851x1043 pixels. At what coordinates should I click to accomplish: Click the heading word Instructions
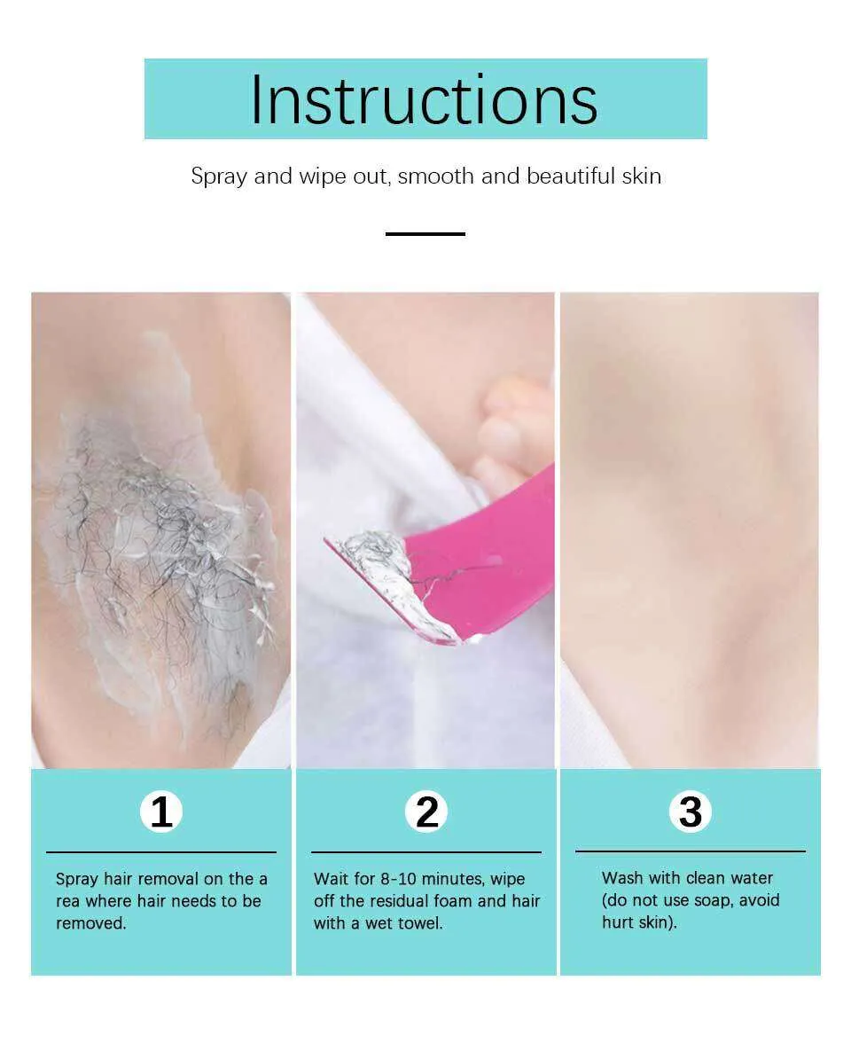424,99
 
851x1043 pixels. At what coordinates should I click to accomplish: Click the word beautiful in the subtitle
571,176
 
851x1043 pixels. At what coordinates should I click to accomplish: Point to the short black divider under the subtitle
425,233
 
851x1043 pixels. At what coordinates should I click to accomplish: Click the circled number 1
161,812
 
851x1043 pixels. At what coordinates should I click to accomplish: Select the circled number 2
426,812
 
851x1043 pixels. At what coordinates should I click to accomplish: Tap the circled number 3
690,812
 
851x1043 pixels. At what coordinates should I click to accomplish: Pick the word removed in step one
91,923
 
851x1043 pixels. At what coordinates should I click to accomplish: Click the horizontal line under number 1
161,852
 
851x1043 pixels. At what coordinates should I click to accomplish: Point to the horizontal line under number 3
690,851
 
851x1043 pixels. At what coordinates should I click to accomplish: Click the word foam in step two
453,901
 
